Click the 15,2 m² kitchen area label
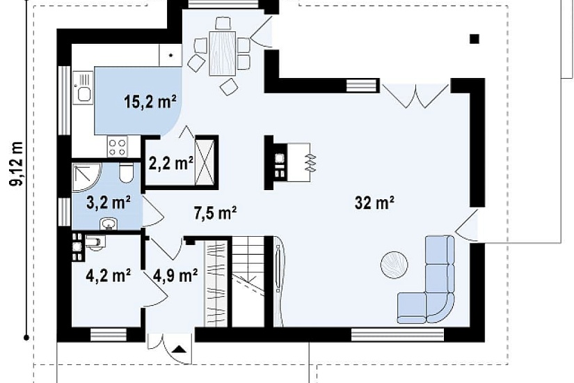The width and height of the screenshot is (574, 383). pyautogui.click(x=150, y=102)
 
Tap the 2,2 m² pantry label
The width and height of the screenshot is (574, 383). pyautogui.click(x=171, y=163)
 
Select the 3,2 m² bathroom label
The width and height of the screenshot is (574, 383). pyautogui.click(x=109, y=202)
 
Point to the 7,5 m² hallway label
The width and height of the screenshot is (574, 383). pyautogui.click(x=215, y=212)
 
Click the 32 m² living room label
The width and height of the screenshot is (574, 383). pyautogui.click(x=374, y=203)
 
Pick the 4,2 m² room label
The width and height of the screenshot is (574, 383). pyautogui.click(x=109, y=275)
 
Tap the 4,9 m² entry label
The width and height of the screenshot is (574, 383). pyautogui.click(x=175, y=275)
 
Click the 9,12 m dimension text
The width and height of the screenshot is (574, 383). pyautogui.click(x=17, y=163)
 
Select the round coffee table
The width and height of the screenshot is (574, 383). pyautogui.click(x=394, y=265)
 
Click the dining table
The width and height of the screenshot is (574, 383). pyautogui.click(x=222, y=54)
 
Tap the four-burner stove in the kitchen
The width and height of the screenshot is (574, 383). pyautogui.click(x=117, y=147)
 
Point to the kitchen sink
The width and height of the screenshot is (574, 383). pyautogui.click(x=83, y=87)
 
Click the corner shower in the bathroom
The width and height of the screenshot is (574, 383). pyautogui.click(x=86, y=178)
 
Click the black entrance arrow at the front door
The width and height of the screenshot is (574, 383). pyautogui.click(x=179, y=349)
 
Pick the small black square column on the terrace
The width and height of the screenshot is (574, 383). pyautogui.click(x=475, y=39)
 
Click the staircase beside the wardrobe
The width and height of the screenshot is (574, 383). pyautogui.click(x=248, y=281)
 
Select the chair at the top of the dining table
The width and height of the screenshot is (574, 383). pyautogui.click(x=223, y=23)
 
